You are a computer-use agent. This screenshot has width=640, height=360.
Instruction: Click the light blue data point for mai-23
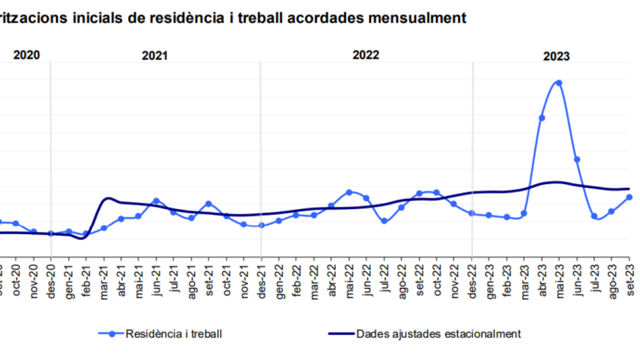(x=559, y=83)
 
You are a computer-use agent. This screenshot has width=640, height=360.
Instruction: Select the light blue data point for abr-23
(x=541, y=118)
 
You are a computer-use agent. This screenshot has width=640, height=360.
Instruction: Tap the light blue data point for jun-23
(x=577, y=159)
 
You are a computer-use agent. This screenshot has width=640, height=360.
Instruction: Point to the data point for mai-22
(x=349, y=192)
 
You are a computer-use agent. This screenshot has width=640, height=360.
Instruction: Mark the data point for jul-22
(x=384, y=221)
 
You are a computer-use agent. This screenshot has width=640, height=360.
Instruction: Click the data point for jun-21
(x=156, y=201)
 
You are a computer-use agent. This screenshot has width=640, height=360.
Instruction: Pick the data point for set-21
(x=209, y=204)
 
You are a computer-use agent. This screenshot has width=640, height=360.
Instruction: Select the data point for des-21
(x=261, y=225)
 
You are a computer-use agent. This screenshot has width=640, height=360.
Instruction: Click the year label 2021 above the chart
(x=155, y=55)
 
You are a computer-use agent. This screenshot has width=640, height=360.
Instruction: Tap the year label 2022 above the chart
(x=366, y=55)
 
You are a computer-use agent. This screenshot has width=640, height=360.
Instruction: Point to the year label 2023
(x=556, y=56)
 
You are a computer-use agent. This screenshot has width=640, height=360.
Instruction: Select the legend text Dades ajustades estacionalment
(x=438, y=334)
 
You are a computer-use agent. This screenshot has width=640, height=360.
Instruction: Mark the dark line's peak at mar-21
(x=107, y=198)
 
